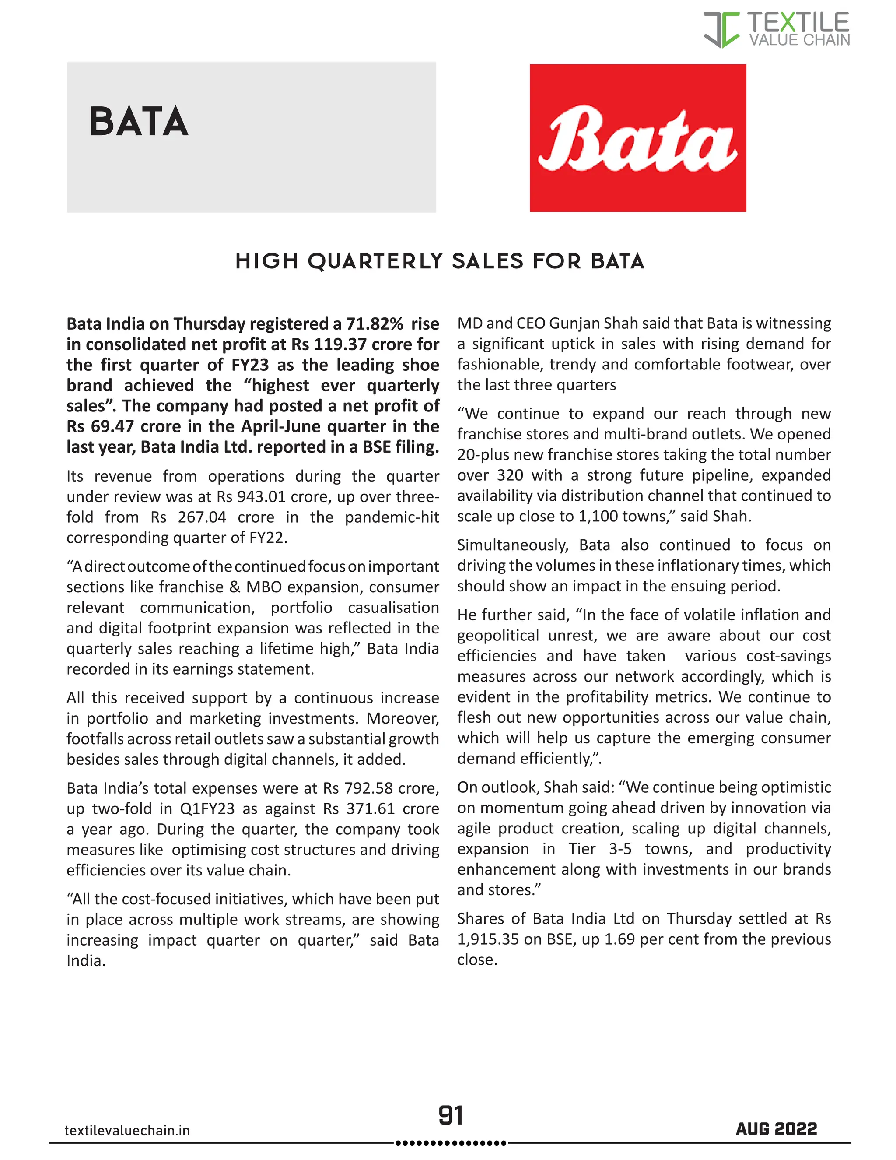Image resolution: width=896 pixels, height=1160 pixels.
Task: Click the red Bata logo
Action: click(637, 138)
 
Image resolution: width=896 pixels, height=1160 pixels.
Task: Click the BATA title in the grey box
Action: click(139, 122)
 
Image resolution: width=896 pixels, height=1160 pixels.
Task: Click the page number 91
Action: click(451, 1115)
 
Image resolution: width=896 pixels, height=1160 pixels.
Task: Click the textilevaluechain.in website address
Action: click(127, 1130)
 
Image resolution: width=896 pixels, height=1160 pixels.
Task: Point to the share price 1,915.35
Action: click(488, 939)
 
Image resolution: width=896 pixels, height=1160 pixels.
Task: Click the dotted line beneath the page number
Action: click(451, 1142)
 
